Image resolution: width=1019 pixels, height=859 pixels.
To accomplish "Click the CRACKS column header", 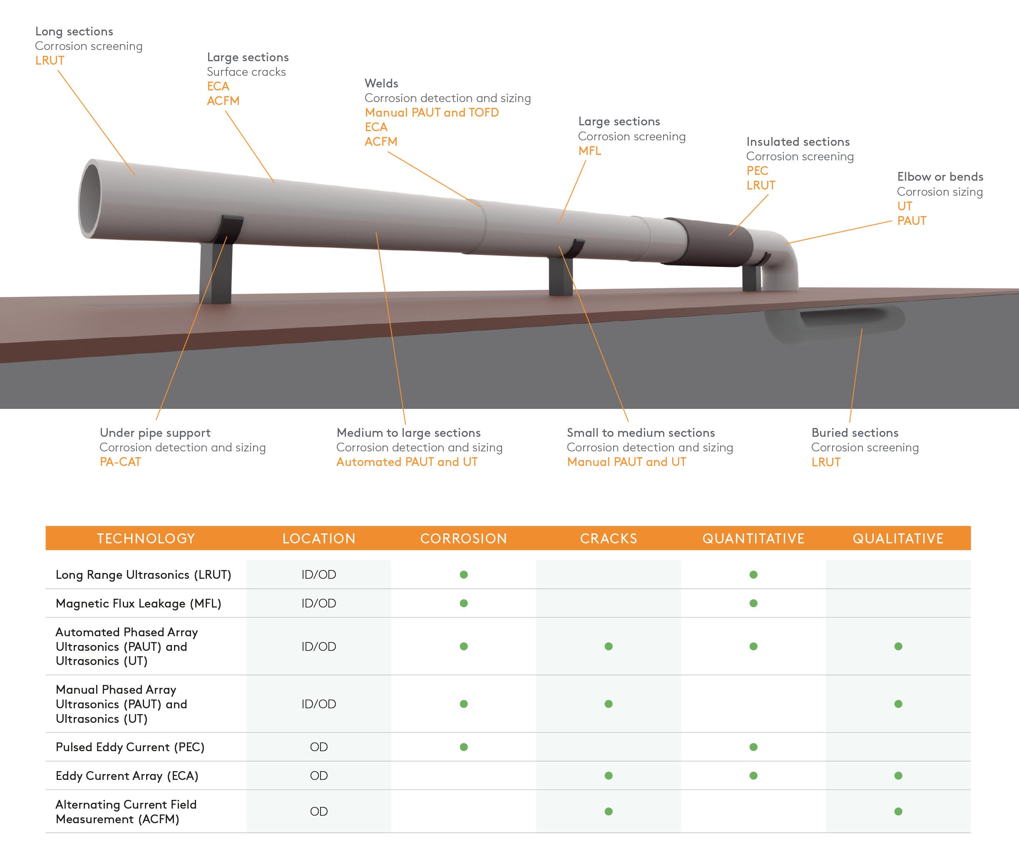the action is point(608,538).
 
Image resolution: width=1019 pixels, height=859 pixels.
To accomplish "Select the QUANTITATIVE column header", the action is point(753,538).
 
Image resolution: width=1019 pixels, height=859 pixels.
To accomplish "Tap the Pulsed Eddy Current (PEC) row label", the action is point(130,747).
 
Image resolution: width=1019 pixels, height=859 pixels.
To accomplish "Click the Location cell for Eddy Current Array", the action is point(318,776).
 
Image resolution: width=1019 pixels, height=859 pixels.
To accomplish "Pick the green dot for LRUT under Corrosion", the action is point(463,575).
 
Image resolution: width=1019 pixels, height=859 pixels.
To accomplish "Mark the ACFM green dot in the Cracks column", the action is point(608,811).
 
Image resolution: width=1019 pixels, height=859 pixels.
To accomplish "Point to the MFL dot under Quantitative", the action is point(753,603).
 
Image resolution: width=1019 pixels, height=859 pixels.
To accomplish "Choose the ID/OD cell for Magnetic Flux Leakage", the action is point(318,603).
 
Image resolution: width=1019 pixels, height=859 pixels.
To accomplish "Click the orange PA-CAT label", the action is point(120,462).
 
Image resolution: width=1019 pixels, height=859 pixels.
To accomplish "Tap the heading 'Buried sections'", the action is point(855,433).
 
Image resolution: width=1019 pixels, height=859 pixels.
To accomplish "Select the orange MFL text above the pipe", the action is point(589,151).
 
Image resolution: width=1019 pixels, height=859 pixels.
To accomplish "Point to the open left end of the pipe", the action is point(90,199).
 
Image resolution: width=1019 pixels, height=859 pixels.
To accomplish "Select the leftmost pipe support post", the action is point(215,273).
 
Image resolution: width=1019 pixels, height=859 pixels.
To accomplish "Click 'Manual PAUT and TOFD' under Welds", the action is point(431,112).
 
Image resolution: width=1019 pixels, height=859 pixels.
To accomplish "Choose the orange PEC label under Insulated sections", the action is point(757,170).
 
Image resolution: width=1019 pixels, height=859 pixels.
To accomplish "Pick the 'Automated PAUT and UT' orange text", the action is point(407,462).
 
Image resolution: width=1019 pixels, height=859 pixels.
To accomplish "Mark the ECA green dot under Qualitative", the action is point(898,776).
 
